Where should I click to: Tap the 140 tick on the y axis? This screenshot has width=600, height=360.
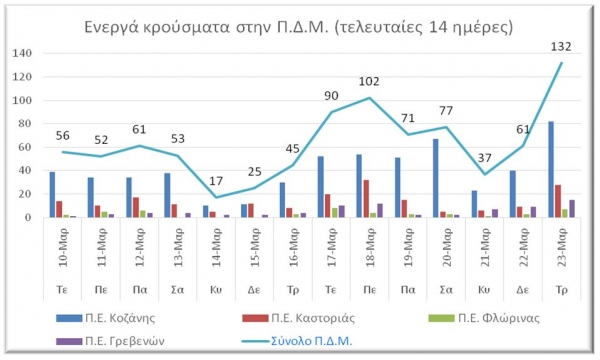point(23,53)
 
